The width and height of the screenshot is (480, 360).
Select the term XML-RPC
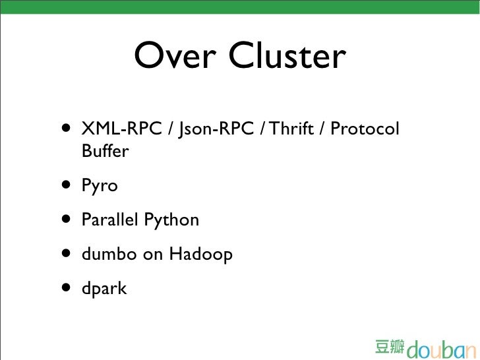tap(121, 129)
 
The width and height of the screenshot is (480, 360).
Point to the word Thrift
tap(291, 129)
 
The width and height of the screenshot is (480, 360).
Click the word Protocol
tap(365, 129)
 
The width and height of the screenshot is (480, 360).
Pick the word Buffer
tap(105, 152)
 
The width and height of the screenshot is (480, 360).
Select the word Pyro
tap(100, 187)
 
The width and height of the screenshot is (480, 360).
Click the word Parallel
tap(109, 220)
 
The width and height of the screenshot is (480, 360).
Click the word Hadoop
tap(201, 254)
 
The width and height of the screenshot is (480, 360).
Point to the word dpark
tap(104, 288)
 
